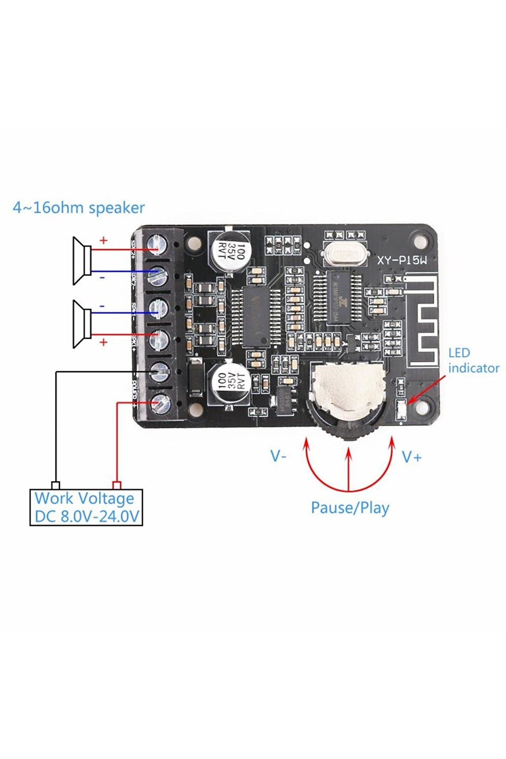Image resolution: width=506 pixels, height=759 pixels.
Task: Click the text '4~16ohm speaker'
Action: (78, 208)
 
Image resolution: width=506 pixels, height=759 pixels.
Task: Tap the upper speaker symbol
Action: (82, 260)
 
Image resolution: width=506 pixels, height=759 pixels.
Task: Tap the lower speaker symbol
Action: (82, 324)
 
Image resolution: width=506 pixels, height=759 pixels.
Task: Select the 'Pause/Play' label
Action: (350, 508)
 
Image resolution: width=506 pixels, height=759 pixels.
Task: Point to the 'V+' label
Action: (411, 457)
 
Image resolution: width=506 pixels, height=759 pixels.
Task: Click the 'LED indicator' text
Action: (473, 361)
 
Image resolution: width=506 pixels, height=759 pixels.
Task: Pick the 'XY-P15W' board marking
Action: (402, 260)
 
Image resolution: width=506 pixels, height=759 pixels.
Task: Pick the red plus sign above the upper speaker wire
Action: (103, 241)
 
